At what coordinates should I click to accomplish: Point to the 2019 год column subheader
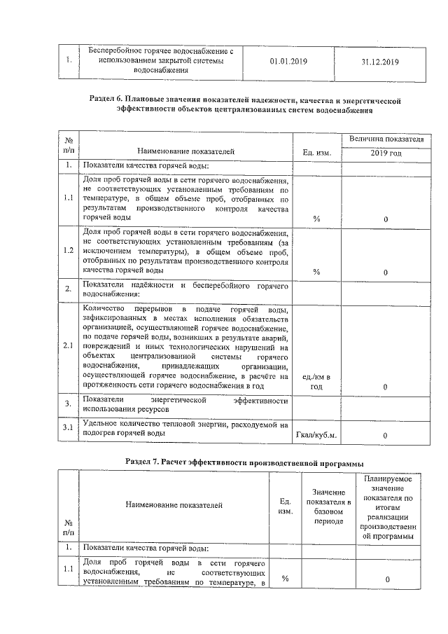pos(386,152)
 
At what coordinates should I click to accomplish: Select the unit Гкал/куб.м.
pos(316,435)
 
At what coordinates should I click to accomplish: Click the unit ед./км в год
pos(316,382)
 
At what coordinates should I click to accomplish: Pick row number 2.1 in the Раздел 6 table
pos(69,345)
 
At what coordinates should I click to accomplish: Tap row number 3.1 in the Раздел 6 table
pos(69,428)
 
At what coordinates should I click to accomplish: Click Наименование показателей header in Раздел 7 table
pos(174,504)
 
